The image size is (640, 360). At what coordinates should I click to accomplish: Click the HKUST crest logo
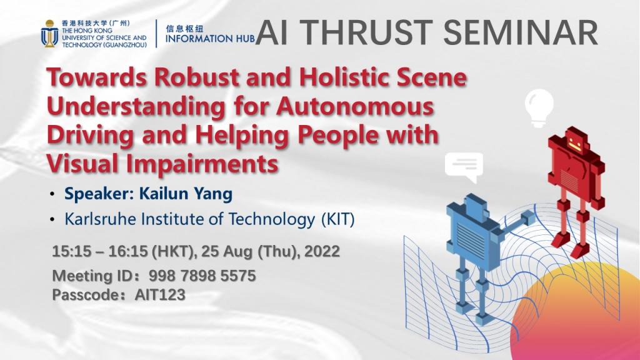(x=49, y=32)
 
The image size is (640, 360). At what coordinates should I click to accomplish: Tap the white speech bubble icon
(x=464, y=166)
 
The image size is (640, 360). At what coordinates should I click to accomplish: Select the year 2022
(x=322, y=252)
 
